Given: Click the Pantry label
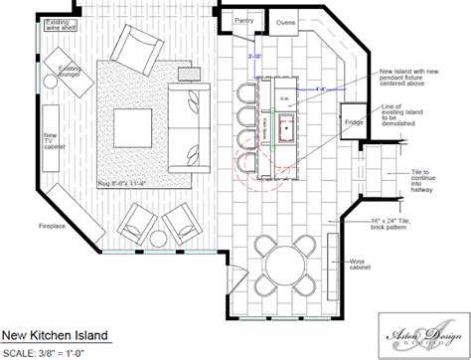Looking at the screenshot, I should tap(243, 19).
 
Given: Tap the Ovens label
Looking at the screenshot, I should tap(285, 22).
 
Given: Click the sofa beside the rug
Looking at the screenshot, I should tap(186, 125).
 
